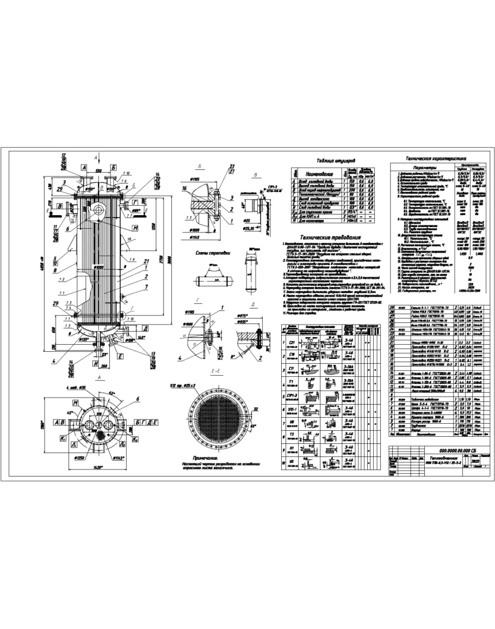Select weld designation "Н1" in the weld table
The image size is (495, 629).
(290, 450)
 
